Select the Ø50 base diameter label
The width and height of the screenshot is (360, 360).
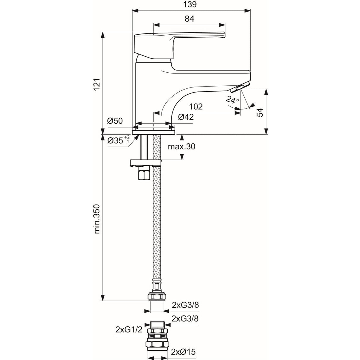tap(115, 121)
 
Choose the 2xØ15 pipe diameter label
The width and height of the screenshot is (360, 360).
tap(184, 352)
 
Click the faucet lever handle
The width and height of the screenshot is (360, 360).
tap(178, 42)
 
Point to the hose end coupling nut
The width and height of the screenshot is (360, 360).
tap(157, 296)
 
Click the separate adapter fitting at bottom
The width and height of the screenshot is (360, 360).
tap(156, 338)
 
